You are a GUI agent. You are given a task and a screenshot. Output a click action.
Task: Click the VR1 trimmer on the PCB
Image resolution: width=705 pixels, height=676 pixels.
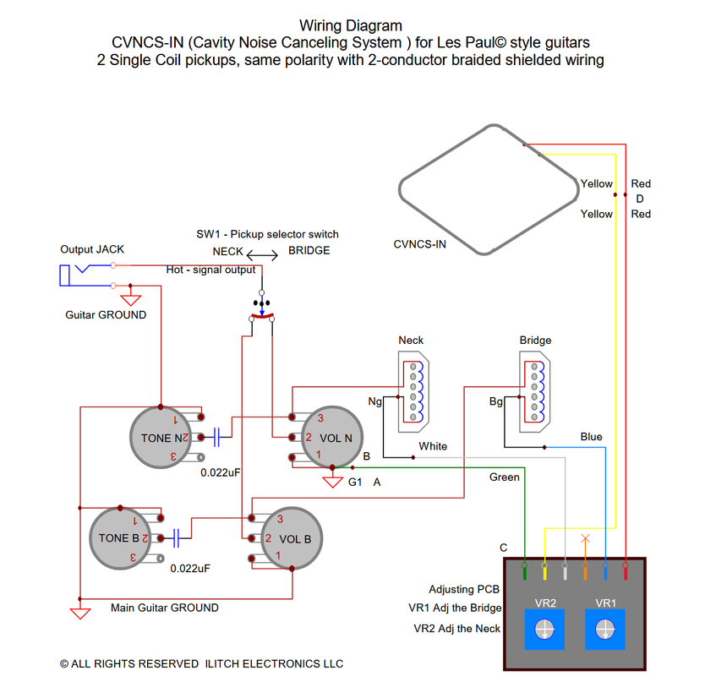(x=605, y=630)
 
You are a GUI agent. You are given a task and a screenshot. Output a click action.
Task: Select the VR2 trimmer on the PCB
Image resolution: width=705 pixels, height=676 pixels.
(x=545, y=630)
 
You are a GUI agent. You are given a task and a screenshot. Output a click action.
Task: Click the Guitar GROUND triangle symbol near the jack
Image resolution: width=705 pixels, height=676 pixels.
(x=131, y=299)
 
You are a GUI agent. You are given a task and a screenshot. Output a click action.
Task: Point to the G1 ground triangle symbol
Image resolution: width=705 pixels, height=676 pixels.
(x=332, y=482)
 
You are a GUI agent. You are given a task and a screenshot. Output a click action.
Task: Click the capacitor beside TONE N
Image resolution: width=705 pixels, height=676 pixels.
(x=217, y=437)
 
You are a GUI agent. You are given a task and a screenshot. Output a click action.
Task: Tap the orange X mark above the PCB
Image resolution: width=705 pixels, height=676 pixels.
(x=585, y=538)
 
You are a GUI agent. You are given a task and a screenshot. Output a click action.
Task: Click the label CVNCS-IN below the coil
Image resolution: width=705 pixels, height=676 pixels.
(x=420, y=245)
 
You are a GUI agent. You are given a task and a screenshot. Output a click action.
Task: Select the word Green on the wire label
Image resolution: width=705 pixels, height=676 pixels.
(x=505, y=477)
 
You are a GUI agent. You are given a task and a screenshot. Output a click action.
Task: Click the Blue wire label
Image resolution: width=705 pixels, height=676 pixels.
(x=591, y=437)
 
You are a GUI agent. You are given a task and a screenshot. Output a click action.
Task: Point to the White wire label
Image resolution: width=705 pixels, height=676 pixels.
(x=433, y=446)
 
